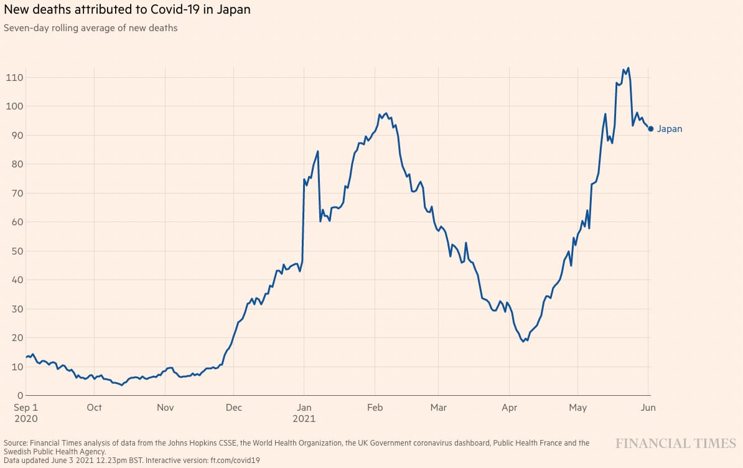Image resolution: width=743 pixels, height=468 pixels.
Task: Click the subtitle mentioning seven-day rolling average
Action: [x=91, y=28]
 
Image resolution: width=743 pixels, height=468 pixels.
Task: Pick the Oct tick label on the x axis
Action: [x=94, y=408]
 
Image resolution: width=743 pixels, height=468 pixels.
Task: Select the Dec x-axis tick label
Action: [x=233, y=408]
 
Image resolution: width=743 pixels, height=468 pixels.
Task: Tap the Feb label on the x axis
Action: [x=375, y=408]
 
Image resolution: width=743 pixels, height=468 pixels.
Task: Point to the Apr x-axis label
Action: [x=509, y=408]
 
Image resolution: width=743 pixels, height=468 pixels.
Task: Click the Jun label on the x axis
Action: [x=648, y=408]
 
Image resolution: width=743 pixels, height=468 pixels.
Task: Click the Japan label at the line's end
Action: [x=670, y=129]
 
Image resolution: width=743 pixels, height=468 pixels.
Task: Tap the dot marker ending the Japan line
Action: [x=651, y=129]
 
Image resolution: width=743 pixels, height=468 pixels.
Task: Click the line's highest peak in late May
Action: [x=628, y=68]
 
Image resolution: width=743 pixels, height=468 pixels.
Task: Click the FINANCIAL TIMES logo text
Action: [x=676, y=443]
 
